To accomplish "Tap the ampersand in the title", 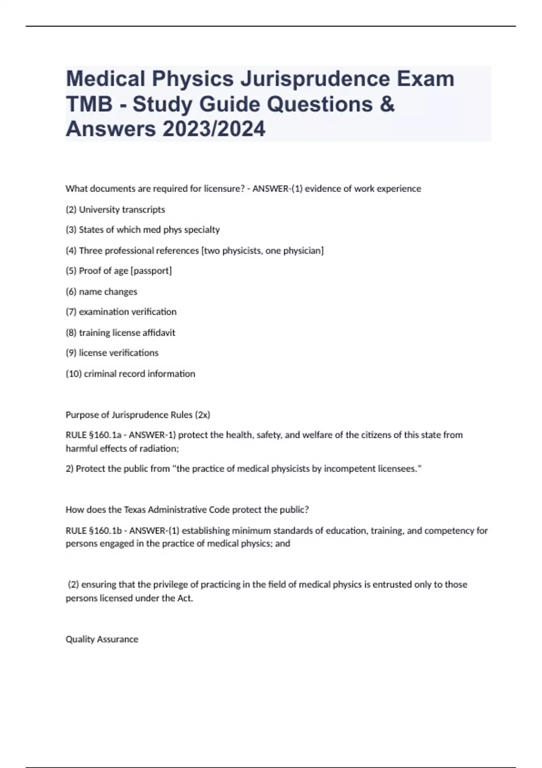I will [x=387, y=104].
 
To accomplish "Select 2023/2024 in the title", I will [x=214, y=129].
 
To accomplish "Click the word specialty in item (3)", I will [x=202, y=230].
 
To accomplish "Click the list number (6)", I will [x=71, y=292].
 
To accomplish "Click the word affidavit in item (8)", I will [x=159, y=333].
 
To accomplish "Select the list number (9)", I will [x=71, y=353].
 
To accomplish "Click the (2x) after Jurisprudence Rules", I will [x=202, y=415].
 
